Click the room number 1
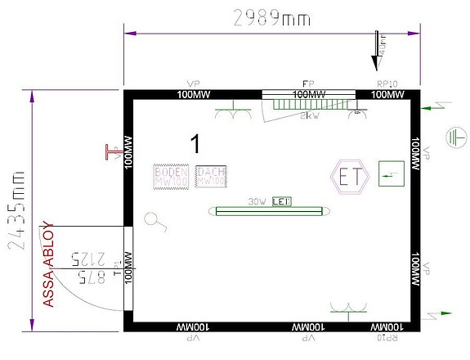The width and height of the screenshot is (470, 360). [x=195, y=143]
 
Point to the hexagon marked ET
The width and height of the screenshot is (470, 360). [x=350, y=177]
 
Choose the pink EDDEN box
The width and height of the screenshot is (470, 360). [x=172, y=177]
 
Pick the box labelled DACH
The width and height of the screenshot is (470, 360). [x=211, y=177]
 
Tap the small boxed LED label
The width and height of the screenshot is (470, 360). [x=281, y=201]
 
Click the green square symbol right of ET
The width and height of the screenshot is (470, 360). [x=392, y=173]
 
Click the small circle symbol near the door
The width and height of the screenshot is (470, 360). [x=151, y=219]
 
